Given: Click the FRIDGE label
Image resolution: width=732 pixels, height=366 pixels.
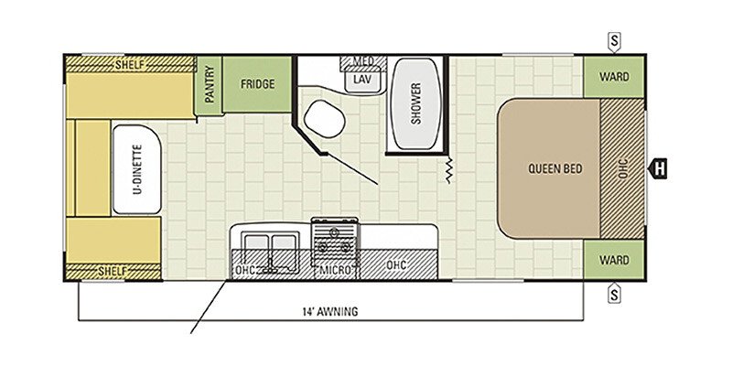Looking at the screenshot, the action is (258, 84).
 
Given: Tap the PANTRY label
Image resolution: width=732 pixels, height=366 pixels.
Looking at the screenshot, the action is (210, 84).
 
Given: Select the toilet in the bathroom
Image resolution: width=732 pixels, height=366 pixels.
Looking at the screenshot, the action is (325, 119).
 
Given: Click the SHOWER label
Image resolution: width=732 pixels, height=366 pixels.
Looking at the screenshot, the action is (416, 103).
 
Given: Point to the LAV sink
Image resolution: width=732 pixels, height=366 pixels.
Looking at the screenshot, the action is (362, 80).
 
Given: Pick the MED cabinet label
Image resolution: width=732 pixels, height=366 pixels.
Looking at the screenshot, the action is (362, 61).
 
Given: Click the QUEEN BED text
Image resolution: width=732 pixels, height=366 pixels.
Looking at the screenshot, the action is (555, 168).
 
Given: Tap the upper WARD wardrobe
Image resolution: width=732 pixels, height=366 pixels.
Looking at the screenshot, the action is (614, 77).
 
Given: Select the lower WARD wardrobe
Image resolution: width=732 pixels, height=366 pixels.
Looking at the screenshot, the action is (614, 260).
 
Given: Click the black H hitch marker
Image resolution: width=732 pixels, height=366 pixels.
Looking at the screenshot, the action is (658, 168).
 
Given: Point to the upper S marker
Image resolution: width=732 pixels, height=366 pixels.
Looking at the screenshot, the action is (614, 41).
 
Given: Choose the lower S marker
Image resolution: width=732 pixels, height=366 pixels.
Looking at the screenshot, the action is (614, 294).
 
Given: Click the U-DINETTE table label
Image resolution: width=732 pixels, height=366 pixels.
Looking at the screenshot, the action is (137, 169).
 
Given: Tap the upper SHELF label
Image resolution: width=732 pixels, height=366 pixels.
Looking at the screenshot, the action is (130, 65).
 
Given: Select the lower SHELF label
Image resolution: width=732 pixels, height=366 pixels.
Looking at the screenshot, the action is (113, 271).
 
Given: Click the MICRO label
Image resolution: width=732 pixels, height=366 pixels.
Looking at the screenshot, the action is (336, 269).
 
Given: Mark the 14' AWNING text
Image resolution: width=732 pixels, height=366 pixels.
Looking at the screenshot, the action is (329, 311).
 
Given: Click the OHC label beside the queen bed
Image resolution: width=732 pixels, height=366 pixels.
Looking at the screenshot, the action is (623, 169).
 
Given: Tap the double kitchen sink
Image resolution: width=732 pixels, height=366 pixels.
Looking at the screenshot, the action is (269, 247).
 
